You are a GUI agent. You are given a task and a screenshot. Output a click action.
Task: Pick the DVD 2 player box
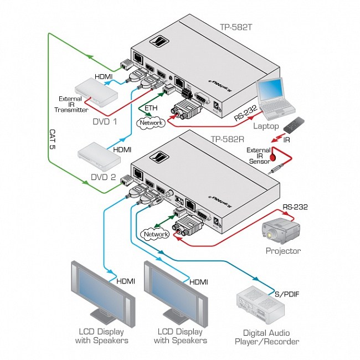100,160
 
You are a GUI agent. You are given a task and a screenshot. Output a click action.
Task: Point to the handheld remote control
296,125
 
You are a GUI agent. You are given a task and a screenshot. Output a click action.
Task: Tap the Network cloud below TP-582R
156,234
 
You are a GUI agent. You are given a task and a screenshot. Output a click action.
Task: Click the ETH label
151,107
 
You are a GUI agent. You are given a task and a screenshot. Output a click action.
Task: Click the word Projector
283,251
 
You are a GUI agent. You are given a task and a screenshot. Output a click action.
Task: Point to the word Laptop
266,126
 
